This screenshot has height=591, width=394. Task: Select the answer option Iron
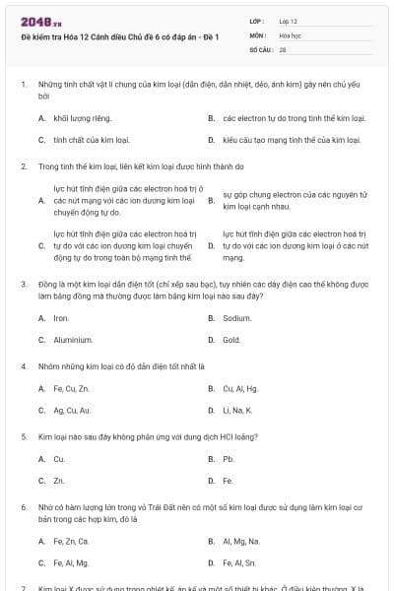(61, 318)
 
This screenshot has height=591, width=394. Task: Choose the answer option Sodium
(237, 318)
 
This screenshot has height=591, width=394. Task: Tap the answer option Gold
(231, 340)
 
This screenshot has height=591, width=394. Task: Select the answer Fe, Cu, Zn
(71, 388)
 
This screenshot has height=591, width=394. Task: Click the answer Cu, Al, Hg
(241, 388)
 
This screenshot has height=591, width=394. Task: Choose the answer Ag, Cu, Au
(72, 410)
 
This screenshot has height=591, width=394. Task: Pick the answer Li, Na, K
(237, 410)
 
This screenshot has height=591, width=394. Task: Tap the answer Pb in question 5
(228, 459)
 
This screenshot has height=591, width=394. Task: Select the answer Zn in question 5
(59, 481)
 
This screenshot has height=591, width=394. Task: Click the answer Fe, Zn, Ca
(71, 541)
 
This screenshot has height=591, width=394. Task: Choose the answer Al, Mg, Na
(241, 541)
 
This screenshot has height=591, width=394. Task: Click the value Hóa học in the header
(290, 33)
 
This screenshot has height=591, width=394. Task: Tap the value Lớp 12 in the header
(288, 20)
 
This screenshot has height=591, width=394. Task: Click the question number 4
(24, 366)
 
